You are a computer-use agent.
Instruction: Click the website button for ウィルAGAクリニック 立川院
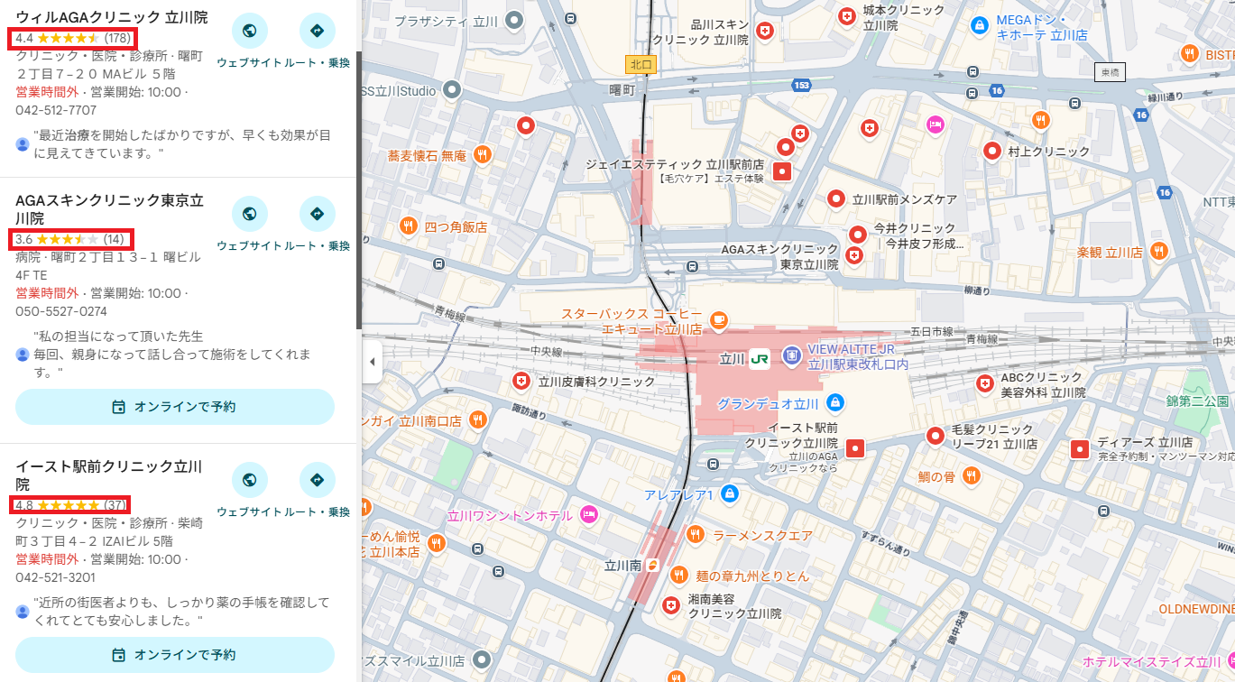tap(250, 32)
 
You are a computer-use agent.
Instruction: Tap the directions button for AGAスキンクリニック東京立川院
tap(317, 214)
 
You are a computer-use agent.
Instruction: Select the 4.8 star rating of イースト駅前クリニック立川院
tap(70, 504)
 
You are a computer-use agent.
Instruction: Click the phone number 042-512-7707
tap(56, 110)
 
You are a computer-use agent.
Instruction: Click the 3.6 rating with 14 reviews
tap(70, 239)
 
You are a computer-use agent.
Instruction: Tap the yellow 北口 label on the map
tap(640, 64)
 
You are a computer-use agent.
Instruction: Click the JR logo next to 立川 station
tap(760, 358)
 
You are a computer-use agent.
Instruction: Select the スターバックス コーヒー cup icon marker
tap(718, 319)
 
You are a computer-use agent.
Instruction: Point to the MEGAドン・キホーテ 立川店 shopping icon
tap(978, 26)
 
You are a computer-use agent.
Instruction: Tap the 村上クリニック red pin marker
tap(992, 151)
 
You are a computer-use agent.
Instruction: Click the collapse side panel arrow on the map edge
tap(372, 363)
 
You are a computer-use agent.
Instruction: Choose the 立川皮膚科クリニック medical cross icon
tap(521, 382)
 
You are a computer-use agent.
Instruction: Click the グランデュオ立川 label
tap(767, 403)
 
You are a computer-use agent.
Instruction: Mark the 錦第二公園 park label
tap(1197, 401)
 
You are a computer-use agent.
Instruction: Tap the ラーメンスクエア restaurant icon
tap(695, 535)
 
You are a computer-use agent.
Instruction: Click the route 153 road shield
tap(801, 85)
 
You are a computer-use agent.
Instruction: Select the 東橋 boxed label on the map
tap(1110, 72)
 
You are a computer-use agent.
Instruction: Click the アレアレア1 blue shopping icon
tap(730, 494)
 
